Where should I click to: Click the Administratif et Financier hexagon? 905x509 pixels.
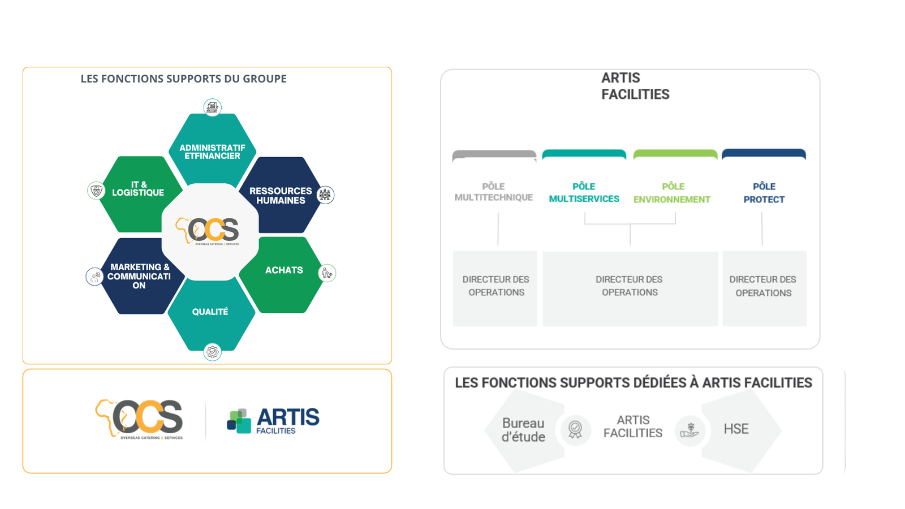[212, 150]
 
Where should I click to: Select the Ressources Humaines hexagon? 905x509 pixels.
[281, 195]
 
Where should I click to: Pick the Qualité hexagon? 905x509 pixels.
[210, 313]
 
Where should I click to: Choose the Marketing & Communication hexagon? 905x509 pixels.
[139, 276]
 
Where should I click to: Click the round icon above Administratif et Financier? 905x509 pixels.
[212, 107]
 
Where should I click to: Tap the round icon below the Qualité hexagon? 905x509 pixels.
[212, 352]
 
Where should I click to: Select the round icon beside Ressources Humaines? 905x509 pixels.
[325, 195]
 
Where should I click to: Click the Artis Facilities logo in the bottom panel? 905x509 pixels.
[273, 420]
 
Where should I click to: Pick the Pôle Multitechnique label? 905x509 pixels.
[494, 192]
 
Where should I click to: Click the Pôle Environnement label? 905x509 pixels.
[672, 193]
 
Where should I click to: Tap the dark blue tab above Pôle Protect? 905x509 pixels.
[764, 154]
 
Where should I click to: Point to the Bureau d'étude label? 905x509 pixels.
[523, 430]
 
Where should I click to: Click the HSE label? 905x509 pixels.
[736, 429]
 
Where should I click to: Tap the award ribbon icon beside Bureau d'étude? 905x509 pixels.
[575, 429]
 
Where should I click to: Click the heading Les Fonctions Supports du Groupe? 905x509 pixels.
[183, 79]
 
